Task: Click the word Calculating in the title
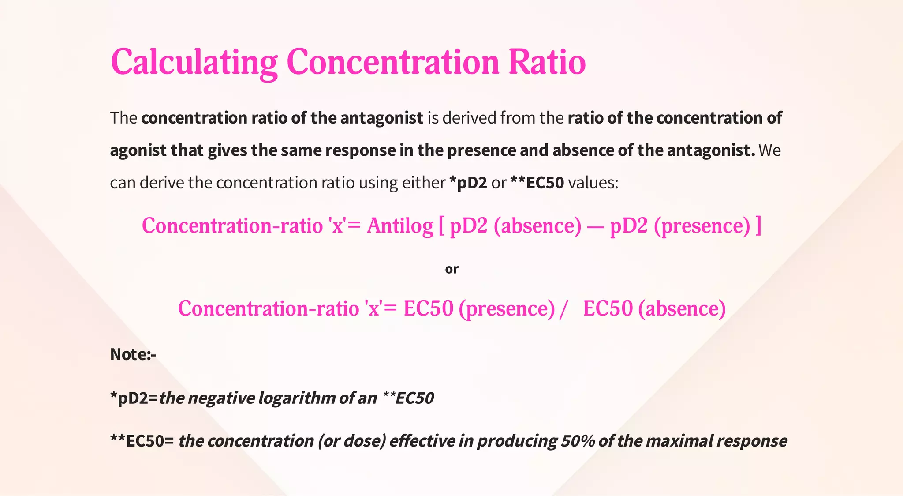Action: tap(194, 62)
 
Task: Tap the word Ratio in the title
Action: tap(547, 62)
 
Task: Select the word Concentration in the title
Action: tap(392, 62)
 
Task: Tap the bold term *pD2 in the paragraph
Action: tap(468, 183)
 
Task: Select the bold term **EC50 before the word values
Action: tap(537, 183)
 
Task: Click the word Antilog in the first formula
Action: tap(400, 226)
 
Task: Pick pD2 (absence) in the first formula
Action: tap(515, 226)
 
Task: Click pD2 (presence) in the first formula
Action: tap(679, 226)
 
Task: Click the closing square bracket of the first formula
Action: tap(758, 226)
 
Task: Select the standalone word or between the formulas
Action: tap(451, 269)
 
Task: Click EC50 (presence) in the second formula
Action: tap(479, 308)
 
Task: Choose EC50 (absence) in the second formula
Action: tap(654, 308)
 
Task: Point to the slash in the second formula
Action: tap(563, 309)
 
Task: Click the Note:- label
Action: tap(133, 354)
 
